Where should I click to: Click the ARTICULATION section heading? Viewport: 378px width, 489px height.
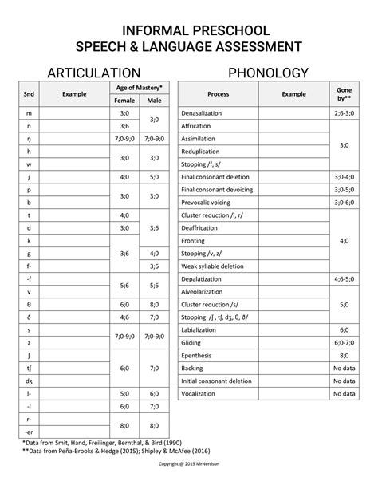point(94,73)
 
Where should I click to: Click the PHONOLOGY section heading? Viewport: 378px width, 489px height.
point(269,73)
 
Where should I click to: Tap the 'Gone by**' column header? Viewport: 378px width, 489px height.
point(344,93)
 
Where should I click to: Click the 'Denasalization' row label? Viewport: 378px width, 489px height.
point(202,114)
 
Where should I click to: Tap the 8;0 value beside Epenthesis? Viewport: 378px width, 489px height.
point(344,355)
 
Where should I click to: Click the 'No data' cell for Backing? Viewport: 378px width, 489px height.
point(344,369)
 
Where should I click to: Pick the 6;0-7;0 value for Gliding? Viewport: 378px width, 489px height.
point(344,342)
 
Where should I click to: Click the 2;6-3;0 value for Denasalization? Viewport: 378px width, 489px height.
point(344,114)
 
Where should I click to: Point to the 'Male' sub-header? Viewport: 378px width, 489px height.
point(153,101)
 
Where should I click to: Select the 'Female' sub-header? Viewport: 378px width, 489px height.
point(124,101)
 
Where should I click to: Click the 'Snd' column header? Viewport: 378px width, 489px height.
point(29,93)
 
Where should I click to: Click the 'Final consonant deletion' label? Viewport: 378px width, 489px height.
point(216,176)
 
